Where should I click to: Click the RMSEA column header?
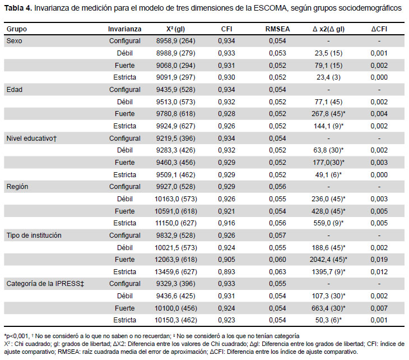(x=277, y=29)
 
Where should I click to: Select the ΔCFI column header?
(x=379, y=29)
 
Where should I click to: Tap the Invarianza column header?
(x=125, y=29)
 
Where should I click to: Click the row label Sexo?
(x=15, y=41)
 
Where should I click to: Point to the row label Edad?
(x=15, y=90)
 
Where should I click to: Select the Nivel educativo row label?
(x=31, y=139)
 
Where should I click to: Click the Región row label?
(x=17, y=187)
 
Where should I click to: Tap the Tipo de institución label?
(x=34, y=236)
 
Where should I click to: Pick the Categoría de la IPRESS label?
(x=45, y=284)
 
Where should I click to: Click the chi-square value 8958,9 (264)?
(x=176, y=41)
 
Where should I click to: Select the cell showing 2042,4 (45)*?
(x=328, y=260)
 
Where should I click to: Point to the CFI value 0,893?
(x=226, y=272)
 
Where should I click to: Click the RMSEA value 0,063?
(x=277, y=272)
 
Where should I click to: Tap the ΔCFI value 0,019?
(x=379, y=260)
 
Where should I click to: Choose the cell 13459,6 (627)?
(x=176, y=272)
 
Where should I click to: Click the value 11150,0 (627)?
(x=176, y=223)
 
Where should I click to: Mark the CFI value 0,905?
(x=226, y=260)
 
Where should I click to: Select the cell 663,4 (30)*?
(x=328, y=308)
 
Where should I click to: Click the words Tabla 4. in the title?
(x=18, y=8)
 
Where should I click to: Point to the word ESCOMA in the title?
(x=270, y=8)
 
